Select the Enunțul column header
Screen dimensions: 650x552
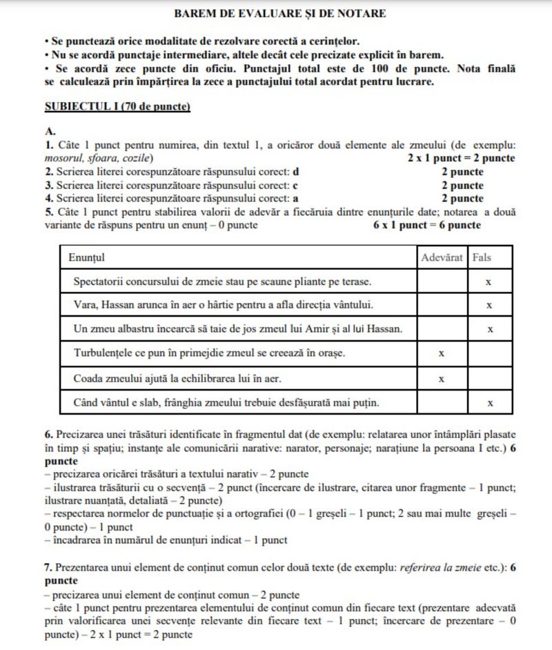[x=86, y=257]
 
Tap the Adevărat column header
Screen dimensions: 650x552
[x=442, y=257]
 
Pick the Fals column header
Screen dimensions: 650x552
[x=482, y=257]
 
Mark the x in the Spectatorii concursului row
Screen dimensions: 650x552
[x=489, y=282]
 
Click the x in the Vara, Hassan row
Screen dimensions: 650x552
[x=489, y=305]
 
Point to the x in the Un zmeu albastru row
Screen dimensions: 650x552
[x=489, y=329]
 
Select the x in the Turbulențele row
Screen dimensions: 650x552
[x=441, y=353]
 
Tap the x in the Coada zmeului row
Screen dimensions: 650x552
[x=441, y=378]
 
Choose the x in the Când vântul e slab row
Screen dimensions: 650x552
[x=489, y=402]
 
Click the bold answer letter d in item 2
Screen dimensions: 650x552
[x=296, y=172]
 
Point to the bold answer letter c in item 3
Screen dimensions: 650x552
[x=295, y=185]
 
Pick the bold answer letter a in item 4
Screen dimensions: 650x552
[x=295, y=198]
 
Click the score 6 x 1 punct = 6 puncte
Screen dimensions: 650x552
[x=422, y=225]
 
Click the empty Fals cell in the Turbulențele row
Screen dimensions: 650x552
[x=489, y=353]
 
